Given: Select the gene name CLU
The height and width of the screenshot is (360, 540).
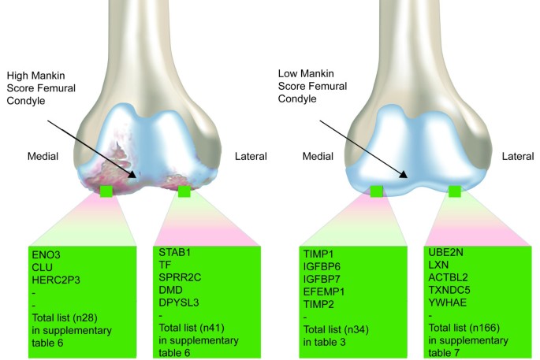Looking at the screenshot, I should (x=43, y=268).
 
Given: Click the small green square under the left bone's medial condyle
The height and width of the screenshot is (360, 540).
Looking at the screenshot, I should (x=106, y=191).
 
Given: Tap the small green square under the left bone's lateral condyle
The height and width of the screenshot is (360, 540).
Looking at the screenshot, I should (x=184, y=191).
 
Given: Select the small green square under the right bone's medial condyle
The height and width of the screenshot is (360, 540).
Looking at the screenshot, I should (x=378, y=191).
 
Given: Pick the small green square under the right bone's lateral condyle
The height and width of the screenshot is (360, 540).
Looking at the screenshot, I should (x=454, y=191).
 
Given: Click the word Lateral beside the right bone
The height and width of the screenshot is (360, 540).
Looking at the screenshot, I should (x=520, y=157).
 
